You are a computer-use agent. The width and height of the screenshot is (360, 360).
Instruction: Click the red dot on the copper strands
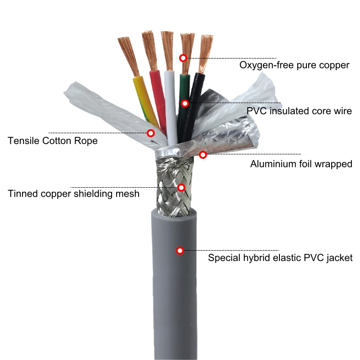[183, 58]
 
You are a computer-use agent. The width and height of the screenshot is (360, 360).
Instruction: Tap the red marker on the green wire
[184, 103]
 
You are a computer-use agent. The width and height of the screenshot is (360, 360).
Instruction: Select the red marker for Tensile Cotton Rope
[151, 133]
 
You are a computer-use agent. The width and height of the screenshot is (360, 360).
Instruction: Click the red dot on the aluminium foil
[203, 155]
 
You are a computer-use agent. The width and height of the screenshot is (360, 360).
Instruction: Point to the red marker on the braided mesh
[181, 187]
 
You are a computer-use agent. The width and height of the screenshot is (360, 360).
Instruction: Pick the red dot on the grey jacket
[180, 250]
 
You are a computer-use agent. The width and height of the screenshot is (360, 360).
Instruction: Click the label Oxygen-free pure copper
[294, 65]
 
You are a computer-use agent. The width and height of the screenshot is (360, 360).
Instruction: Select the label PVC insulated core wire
[299, 111]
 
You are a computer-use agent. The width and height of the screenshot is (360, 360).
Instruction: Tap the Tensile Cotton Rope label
[53, 141]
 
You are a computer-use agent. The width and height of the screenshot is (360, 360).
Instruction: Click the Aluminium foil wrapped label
[301, 164]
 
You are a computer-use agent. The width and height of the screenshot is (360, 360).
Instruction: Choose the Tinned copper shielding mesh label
[74, 194]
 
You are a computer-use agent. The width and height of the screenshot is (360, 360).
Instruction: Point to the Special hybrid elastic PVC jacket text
[280, 258]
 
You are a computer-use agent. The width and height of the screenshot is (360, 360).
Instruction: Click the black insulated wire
[196, 97]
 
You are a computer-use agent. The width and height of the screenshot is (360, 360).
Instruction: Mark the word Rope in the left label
[87, 141]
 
